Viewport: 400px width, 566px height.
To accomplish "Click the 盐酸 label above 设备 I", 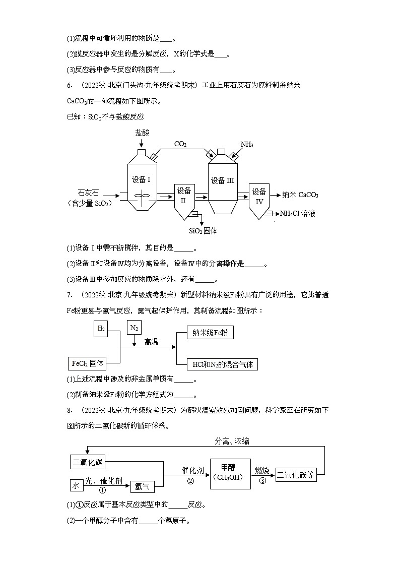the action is click(142, 133).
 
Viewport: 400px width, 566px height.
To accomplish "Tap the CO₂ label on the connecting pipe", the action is click(180, 144).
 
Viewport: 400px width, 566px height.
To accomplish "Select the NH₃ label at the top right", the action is click(246, 145).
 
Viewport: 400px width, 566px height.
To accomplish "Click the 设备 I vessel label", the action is click(142, 180).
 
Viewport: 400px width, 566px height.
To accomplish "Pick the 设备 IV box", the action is click(259, 197).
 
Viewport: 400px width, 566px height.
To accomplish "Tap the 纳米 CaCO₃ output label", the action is click(300, 195).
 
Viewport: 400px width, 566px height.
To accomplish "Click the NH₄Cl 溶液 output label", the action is click(298, 213).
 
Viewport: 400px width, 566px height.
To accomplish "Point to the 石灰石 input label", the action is click(88, 193).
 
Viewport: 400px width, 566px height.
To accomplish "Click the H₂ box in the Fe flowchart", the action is click(101, 329).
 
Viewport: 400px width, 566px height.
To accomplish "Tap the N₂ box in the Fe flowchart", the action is click(134, 328).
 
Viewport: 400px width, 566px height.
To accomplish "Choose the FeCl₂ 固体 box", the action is click(88, 363).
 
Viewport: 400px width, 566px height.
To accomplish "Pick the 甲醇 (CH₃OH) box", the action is click(230, 473).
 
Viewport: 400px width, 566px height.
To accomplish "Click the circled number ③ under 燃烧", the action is click(262, 480).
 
